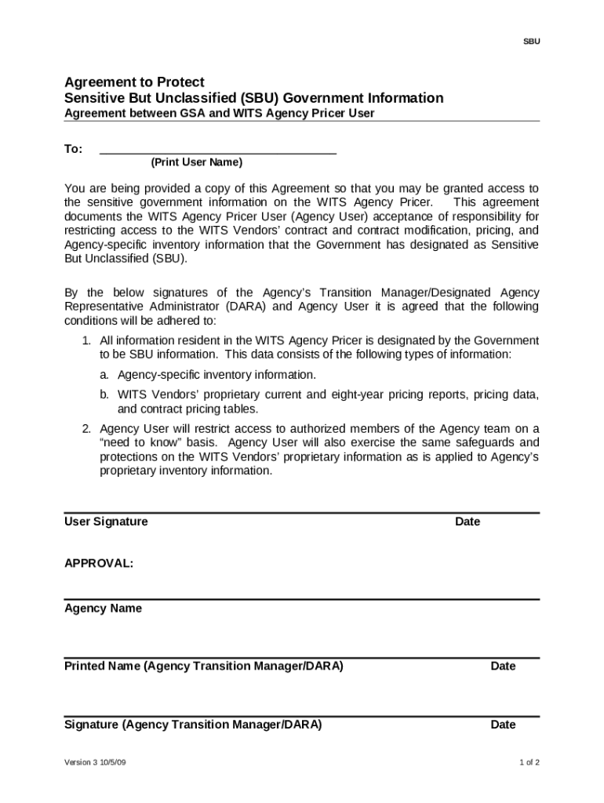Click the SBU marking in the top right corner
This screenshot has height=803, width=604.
pyautogui.click(x=531, y=42)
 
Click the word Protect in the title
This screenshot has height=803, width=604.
pyautogui.click(x=181, y=82)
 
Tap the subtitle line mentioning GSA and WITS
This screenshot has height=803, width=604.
pyautogui.click(x=219, y=113)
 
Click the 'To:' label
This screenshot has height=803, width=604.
pyautogui.click(x=73, y=149)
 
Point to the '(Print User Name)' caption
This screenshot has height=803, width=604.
pyautogui.click(x=197, y=162)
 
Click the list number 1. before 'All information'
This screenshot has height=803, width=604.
pyautogui.click(x=87, y=341)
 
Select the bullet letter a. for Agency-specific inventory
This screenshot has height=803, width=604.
pyautogui.click(x=104, y=375)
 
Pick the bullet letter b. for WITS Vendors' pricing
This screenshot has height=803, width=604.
pyautogui.click(x=104, y=394)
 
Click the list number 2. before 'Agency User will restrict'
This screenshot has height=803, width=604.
pyautogui.click(x=87, y=429)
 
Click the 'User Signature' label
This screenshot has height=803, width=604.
pyautogui.click(x=106, y=521)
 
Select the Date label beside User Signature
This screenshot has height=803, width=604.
pyautogui.click(x=468, y=521)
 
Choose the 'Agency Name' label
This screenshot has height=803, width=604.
pyautogui.click(x=103, y=609)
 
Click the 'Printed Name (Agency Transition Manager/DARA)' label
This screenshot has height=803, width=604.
pyautogui.click(x=203, y=667)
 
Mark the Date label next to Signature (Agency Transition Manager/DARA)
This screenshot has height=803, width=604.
pyautogui.click(x=503, y=725)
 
